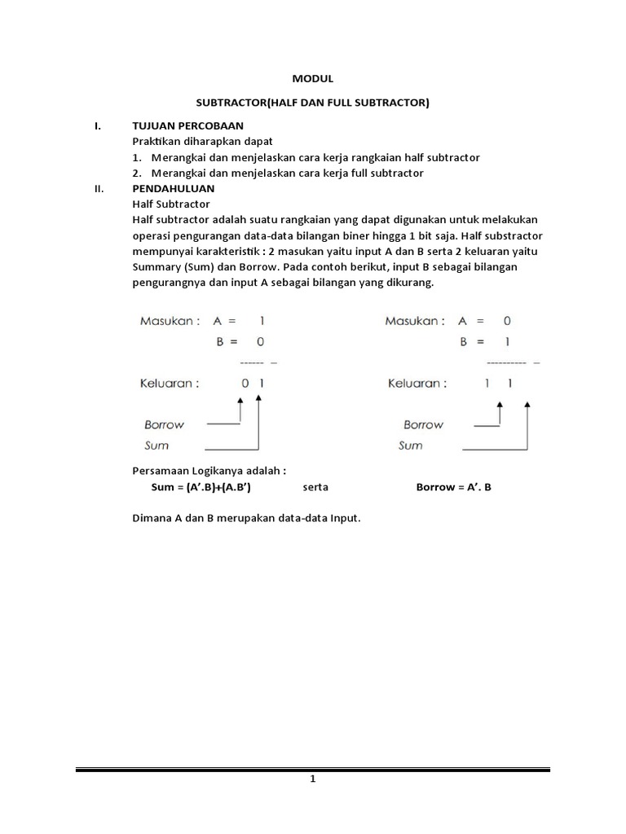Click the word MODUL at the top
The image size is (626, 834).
coord(313,79)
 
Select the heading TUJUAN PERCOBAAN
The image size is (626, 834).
coord(187,126)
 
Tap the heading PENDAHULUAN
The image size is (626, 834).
coord(173,188)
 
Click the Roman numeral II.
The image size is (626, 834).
coord(99,188)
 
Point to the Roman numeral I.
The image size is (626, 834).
coord(97,126)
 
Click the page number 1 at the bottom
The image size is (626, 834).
coord(313,779)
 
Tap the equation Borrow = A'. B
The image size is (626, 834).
coord(454,487)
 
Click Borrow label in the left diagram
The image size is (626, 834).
coord(164,424)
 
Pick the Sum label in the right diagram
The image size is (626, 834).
coord(410,446)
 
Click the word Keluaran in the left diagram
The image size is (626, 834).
coord(169,384)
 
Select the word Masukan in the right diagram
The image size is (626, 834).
coord(415,321)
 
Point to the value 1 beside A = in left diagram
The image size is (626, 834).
coord(262,321)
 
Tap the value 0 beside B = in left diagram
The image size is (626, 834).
coord(261,342)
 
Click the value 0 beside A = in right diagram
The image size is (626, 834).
coord(507,321)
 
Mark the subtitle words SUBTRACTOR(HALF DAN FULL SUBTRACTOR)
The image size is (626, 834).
coord(313,103)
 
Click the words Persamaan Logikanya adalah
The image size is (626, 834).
coord(209,471)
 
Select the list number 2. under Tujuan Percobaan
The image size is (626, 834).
coord(137,173)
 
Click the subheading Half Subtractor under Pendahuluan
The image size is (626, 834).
coord(170,204)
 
